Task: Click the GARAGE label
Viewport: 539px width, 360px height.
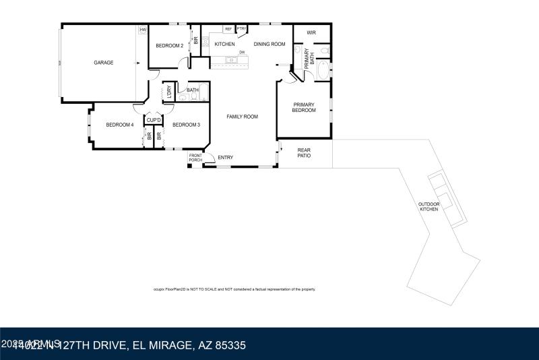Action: pyautogui.click(x=103, y=63)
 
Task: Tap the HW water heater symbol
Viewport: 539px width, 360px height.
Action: pyautogui.click(x=143, y=30)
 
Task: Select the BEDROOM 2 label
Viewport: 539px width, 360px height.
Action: pyautogui.click(x=169, y=46)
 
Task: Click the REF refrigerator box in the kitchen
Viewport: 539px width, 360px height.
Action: pyautogui.click(x=228, y=29)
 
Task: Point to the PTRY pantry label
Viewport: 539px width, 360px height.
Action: pyautogui.click(x=241, y=29)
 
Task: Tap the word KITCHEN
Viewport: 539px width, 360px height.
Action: pyautogui.click(x=224, y=44)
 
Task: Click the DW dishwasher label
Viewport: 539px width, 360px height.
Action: pyautogui.click(x=241, y=52)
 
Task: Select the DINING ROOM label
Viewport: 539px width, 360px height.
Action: pyautogui.click(x=269, y=44)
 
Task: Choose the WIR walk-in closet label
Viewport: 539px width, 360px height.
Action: pyautogui.click(x=311, y=32)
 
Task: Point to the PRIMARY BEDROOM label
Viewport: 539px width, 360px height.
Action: pyautogui.click(x=304, y=107)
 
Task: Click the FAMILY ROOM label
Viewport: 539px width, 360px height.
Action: pyautogui.click(x=242, y=117)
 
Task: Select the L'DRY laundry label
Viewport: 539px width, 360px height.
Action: pyautogui.click(x=169, y=93)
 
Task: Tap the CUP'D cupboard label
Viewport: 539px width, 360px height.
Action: pyautogui.click(x=154, y=121)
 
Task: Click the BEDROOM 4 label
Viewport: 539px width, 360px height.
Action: pyautogui.click(x=119, y=125)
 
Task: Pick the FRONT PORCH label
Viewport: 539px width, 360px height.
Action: pyautogui.click(x=195, y=158)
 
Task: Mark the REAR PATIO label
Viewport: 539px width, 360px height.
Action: pyautogui.click(x=305, y=154)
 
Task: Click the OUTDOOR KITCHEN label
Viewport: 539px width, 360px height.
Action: pyautogui.click(x=429, y=206)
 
